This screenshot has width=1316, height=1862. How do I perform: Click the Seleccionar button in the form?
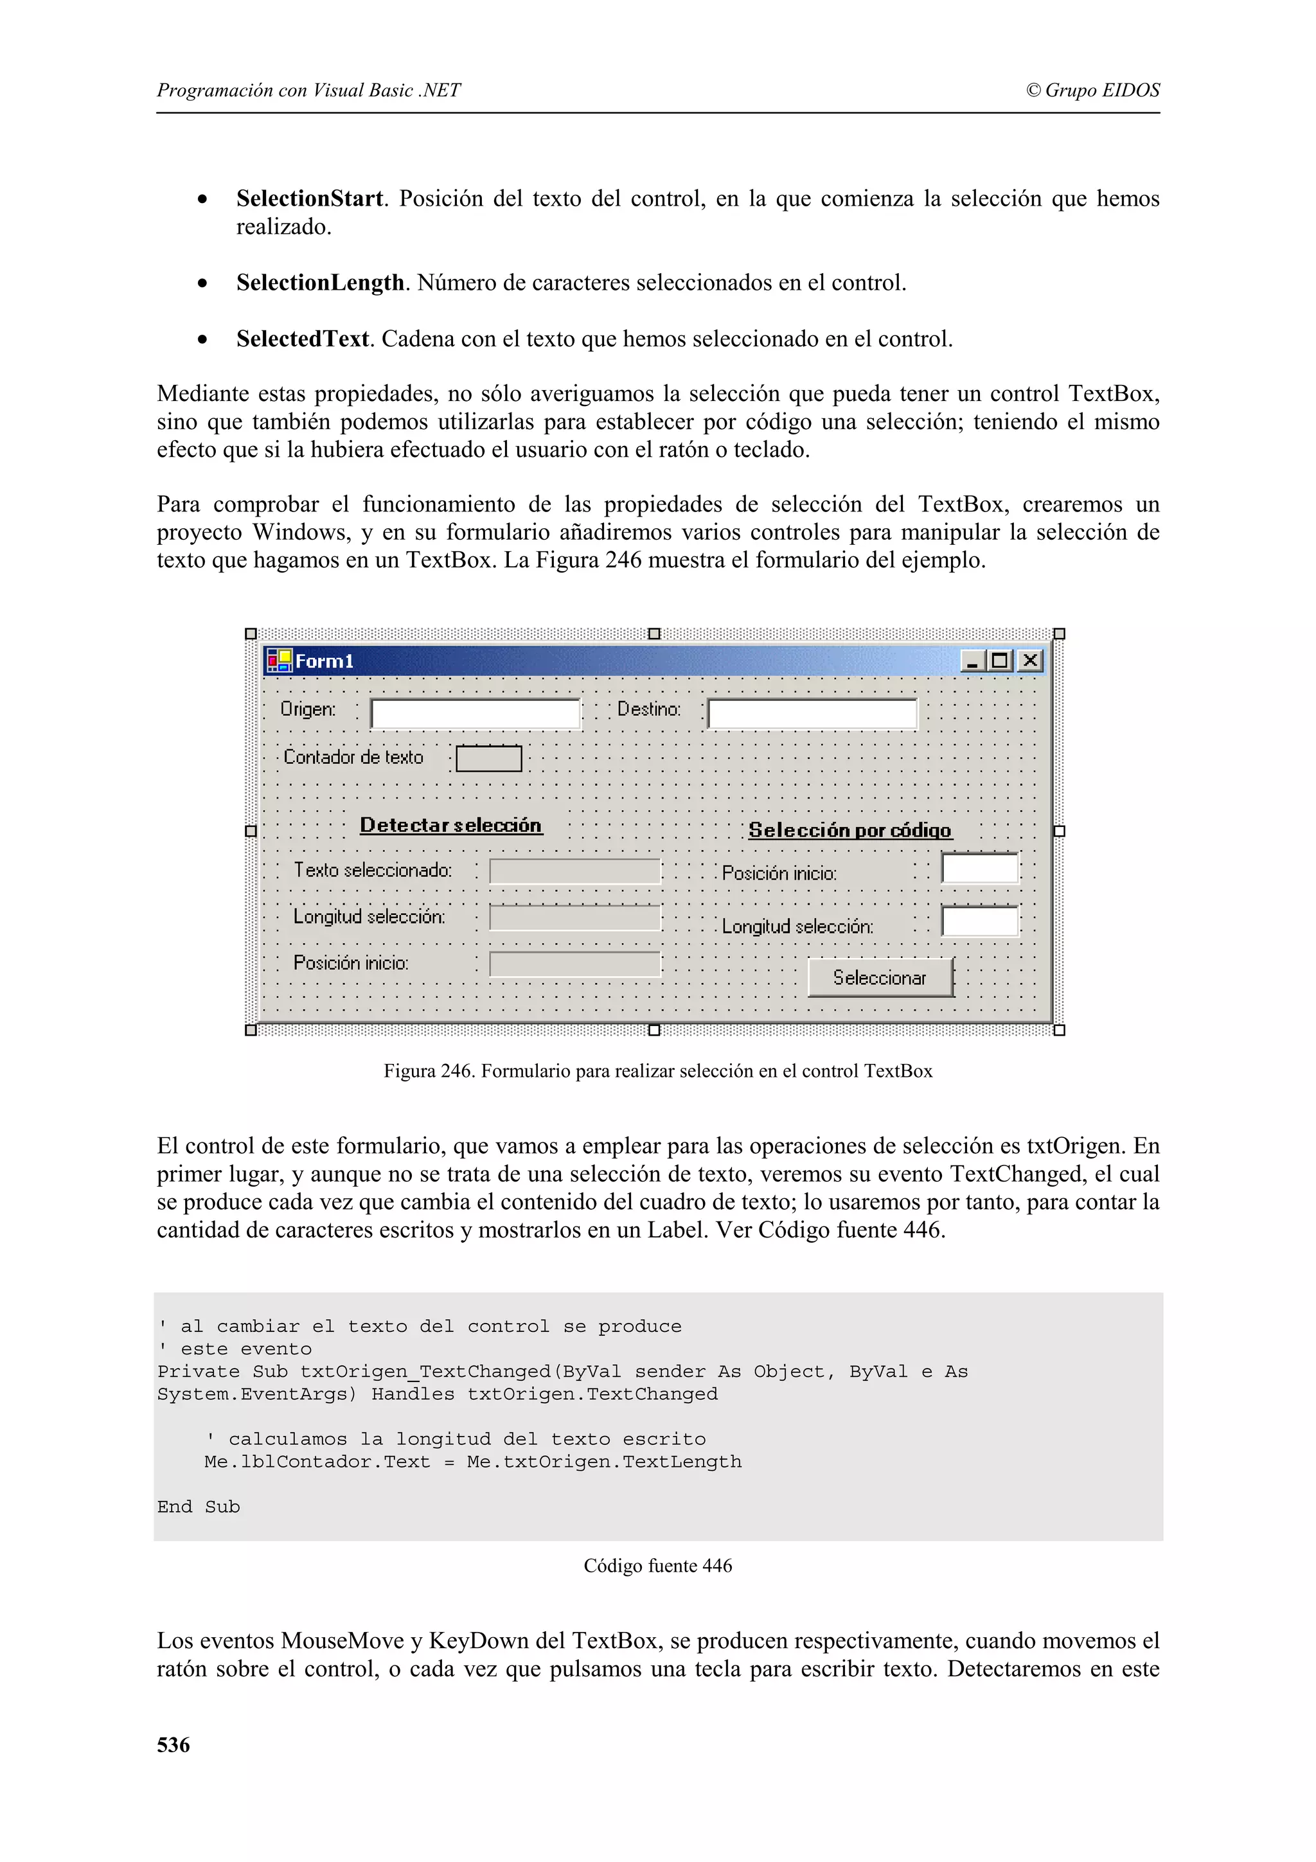click(x=880, y=977)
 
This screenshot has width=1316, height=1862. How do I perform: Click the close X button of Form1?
click(x=1030, y=661)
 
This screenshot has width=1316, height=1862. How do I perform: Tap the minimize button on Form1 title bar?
click(x=972, y=661)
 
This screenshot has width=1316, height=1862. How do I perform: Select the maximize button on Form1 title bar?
click(x=1000, y=661)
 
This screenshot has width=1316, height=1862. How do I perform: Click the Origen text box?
click(x=475, y=714)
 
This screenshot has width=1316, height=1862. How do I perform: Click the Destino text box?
click(x=812, y=714)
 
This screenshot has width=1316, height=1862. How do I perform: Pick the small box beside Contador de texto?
click(x=488, y=758)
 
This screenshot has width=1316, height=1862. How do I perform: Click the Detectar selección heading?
click(x=451, y=825)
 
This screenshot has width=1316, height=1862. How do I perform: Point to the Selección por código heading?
click(x=849, y=829)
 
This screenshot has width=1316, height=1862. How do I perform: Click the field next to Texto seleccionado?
click(x=575, y=871)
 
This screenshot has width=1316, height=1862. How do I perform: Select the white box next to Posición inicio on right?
click(x=979, y=868)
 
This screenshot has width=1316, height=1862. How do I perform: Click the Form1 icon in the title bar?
click(x=279, y=661)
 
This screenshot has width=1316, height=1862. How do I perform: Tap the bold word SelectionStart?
click(x=309, y=199)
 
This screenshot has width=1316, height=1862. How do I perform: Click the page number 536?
click(x=173, y=1744)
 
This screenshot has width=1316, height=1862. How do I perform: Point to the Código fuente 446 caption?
click(x=657, y=1565)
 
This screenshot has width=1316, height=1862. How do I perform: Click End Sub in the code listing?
click(x=199, y=1507)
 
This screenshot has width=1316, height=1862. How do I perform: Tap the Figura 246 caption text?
click(x=657, y=1070)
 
